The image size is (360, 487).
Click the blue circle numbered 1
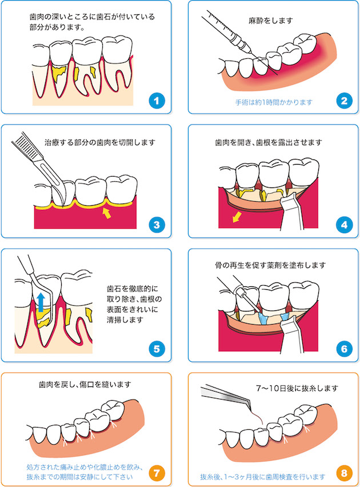(157, 101)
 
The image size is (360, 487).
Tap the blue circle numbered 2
(344, 101)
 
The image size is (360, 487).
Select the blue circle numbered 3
(157, 225)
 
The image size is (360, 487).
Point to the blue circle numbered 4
(344, 225)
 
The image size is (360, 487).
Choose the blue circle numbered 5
(157, 349)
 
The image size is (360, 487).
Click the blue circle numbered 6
(344, 349)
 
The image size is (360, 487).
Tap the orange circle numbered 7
(157, 473)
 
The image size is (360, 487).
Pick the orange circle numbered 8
(344, 473)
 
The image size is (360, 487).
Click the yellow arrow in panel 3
(107, 213)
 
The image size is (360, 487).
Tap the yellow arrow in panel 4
(237, 217)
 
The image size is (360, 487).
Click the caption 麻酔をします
(270, 21)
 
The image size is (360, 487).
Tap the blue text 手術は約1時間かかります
(273, 102)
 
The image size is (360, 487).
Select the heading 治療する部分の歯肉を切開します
(99, 142)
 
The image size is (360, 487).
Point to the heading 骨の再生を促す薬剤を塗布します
(270, 265)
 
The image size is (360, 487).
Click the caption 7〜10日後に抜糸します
(297, 388)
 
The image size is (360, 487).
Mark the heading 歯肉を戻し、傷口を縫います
(85, 385)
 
